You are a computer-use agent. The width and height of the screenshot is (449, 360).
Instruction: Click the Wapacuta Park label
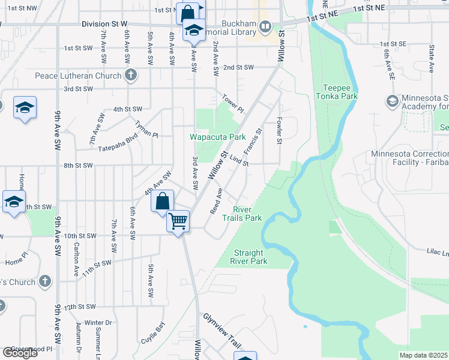point(218,137)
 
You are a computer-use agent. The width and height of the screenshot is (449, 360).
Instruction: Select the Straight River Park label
point(250,257)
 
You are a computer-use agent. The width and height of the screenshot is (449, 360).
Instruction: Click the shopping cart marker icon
point(178,221)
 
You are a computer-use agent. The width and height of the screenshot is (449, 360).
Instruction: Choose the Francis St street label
point(255,139)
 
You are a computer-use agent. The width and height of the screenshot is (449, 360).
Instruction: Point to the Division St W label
point(104,23)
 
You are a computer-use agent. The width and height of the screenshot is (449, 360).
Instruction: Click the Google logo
point(20,353)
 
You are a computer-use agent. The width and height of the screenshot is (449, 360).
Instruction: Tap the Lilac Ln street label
point(438,253)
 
